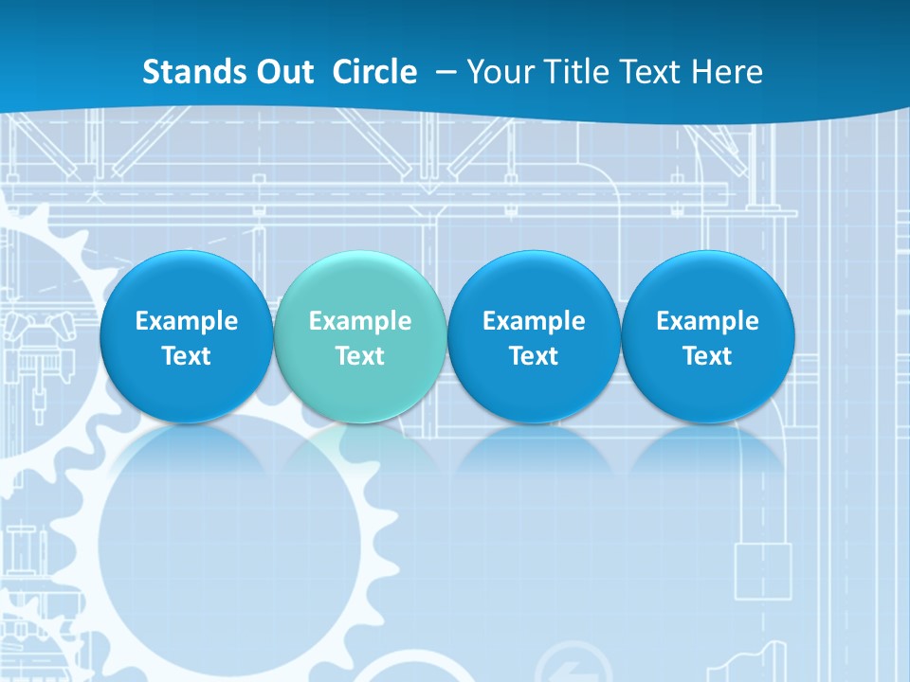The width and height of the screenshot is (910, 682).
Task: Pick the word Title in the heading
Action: (x=578, y=72)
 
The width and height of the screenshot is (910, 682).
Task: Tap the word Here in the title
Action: (x=730, y=72)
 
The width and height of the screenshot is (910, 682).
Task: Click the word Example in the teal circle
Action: (x=360, y=321)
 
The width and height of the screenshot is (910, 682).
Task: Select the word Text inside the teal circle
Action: (x=360, y=356)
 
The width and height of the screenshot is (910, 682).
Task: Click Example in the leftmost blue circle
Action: (x=186, y=321)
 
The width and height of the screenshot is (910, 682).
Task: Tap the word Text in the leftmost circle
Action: (x=186, y=356)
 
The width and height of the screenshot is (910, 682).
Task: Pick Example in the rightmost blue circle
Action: (x=707, y=321)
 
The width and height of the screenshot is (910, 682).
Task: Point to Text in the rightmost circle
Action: (x=707, y=356)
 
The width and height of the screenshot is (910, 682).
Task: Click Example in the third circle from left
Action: (x=534, y=321)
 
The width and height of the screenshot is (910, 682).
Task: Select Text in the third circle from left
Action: (x=534, y=356)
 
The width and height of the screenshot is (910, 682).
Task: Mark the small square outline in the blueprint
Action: (x=763, y=570)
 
